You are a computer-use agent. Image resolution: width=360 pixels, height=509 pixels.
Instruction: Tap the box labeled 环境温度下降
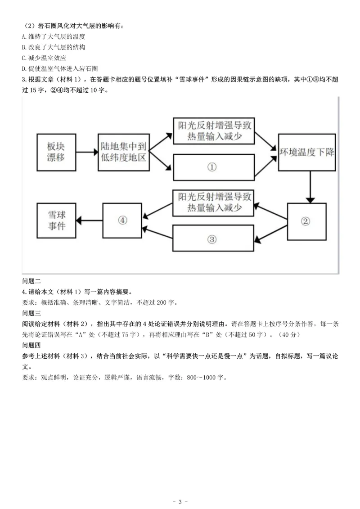[306, 152]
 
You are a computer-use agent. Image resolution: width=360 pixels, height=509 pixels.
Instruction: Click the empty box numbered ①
[212, 167]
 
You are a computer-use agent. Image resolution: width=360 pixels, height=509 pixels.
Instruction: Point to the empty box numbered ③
[212, 239]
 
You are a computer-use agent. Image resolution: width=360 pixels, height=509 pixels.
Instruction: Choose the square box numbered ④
[122, 220]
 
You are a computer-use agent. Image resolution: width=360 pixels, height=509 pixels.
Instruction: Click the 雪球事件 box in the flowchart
[56, 220]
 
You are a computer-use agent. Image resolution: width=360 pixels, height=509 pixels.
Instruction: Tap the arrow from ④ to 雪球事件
[90, 220]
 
